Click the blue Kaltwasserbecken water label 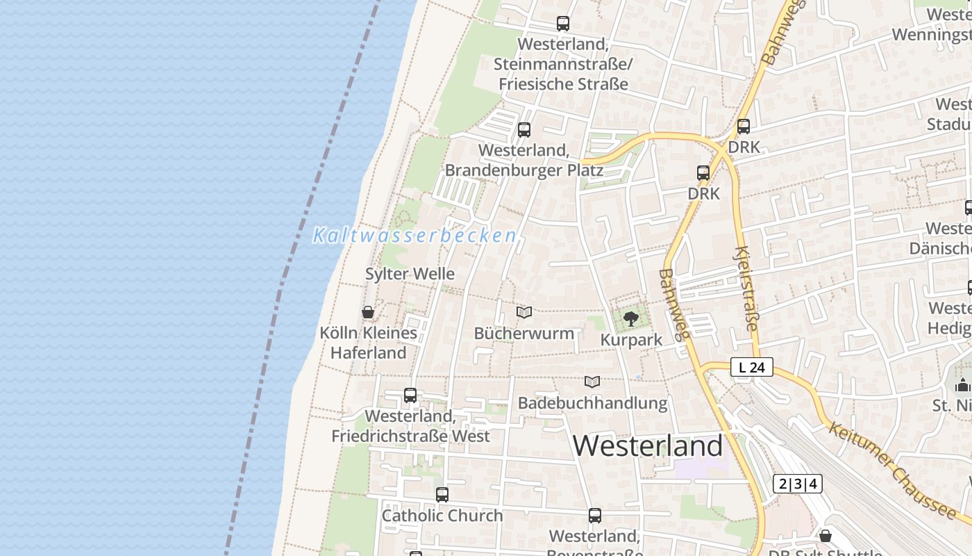pyautogui.click(x=415, y=236)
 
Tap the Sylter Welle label pyautogui.click(x=410, y=274)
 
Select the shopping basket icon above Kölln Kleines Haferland pyautogui.click(x=368, y=312)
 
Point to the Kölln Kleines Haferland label pyautogui.click(x=368, y=343)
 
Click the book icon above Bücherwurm pyautogui.click(x=524, y=313)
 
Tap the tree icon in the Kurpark pyautogui.click(x=631, y=319)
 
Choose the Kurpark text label pyautogui.click(x=631, y=340)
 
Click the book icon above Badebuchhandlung pyautogui.click(x=592, y=382)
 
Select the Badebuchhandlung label pyautogui.click(x=592, y=403)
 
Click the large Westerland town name pyautogui.click(x=648, y=445)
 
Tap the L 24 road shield pyautogui.click(x=751, y=367)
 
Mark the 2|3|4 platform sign pyautogui.click(x=797, y=484)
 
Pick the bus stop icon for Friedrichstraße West pyautogui.click(x=410, y=395)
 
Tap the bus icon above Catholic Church pyautogui.click(x=442, y=495)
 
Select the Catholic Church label pyautogui.click(x=442, y=516)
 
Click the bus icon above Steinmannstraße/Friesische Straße pyautogui.click(x=563, y=24)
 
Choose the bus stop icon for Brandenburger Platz pyautogui.click(x=524, y=130)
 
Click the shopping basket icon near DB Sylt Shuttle pyautogui.click(x=826, y=536)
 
